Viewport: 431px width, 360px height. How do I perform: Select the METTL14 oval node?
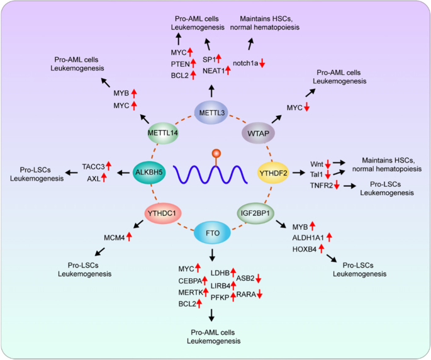(162, 133)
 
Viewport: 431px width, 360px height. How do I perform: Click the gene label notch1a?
(245, 62)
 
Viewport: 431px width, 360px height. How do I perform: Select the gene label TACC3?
(93, 166)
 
